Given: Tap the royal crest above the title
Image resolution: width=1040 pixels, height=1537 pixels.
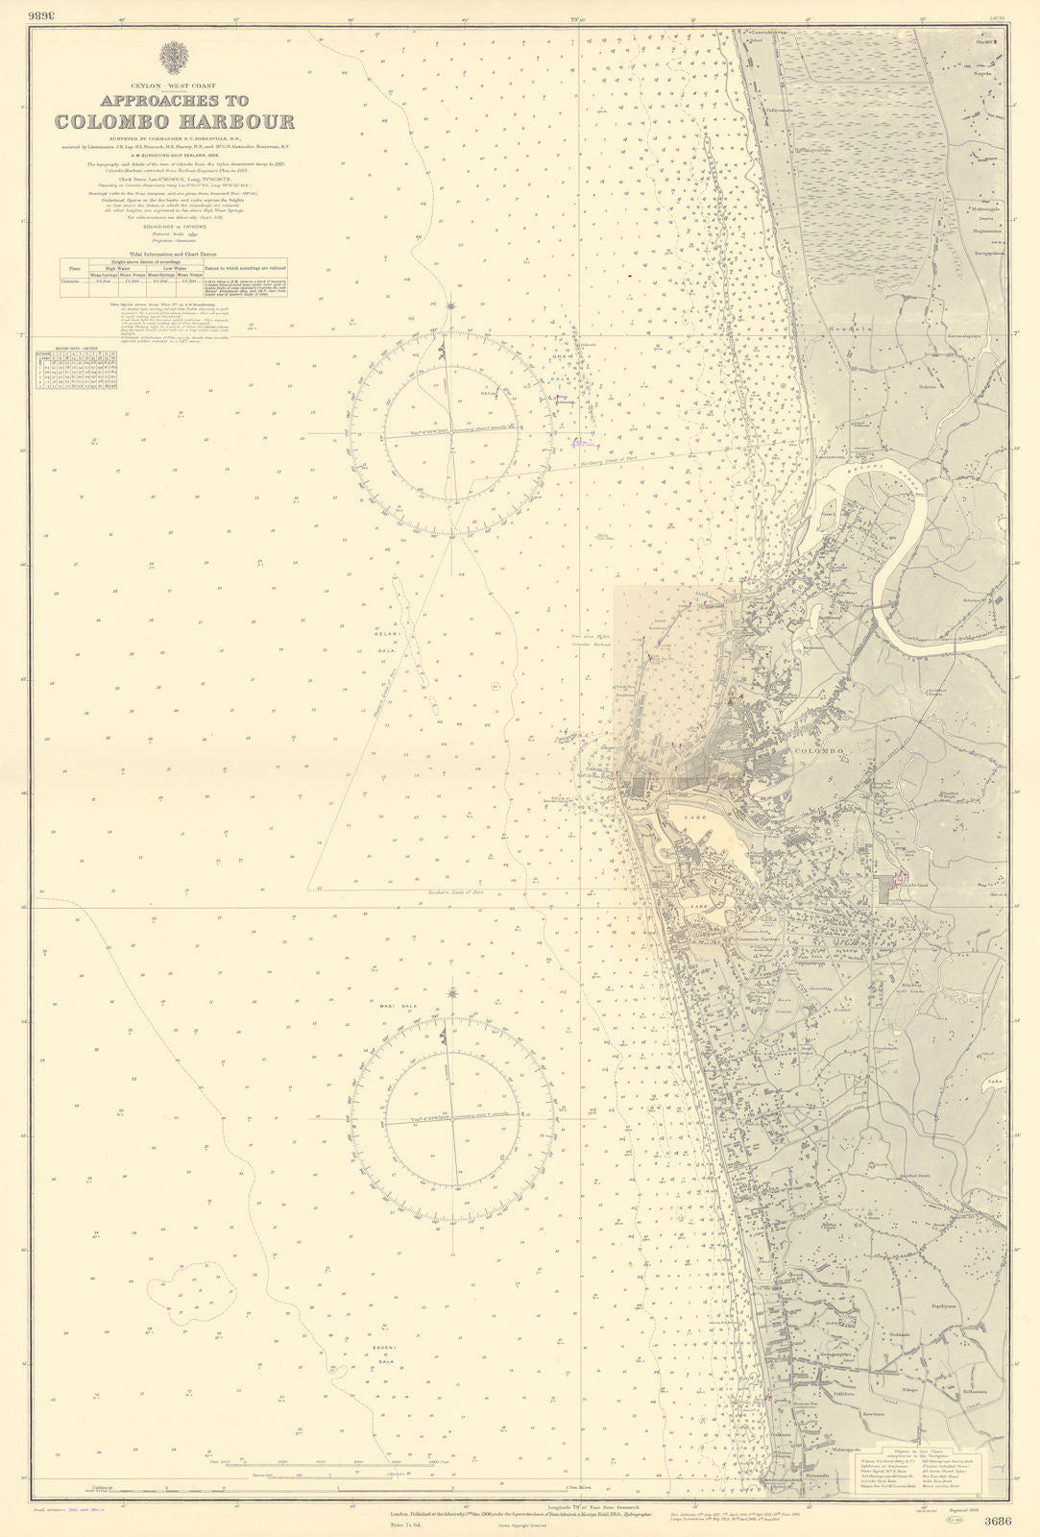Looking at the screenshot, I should click(174, 60).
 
